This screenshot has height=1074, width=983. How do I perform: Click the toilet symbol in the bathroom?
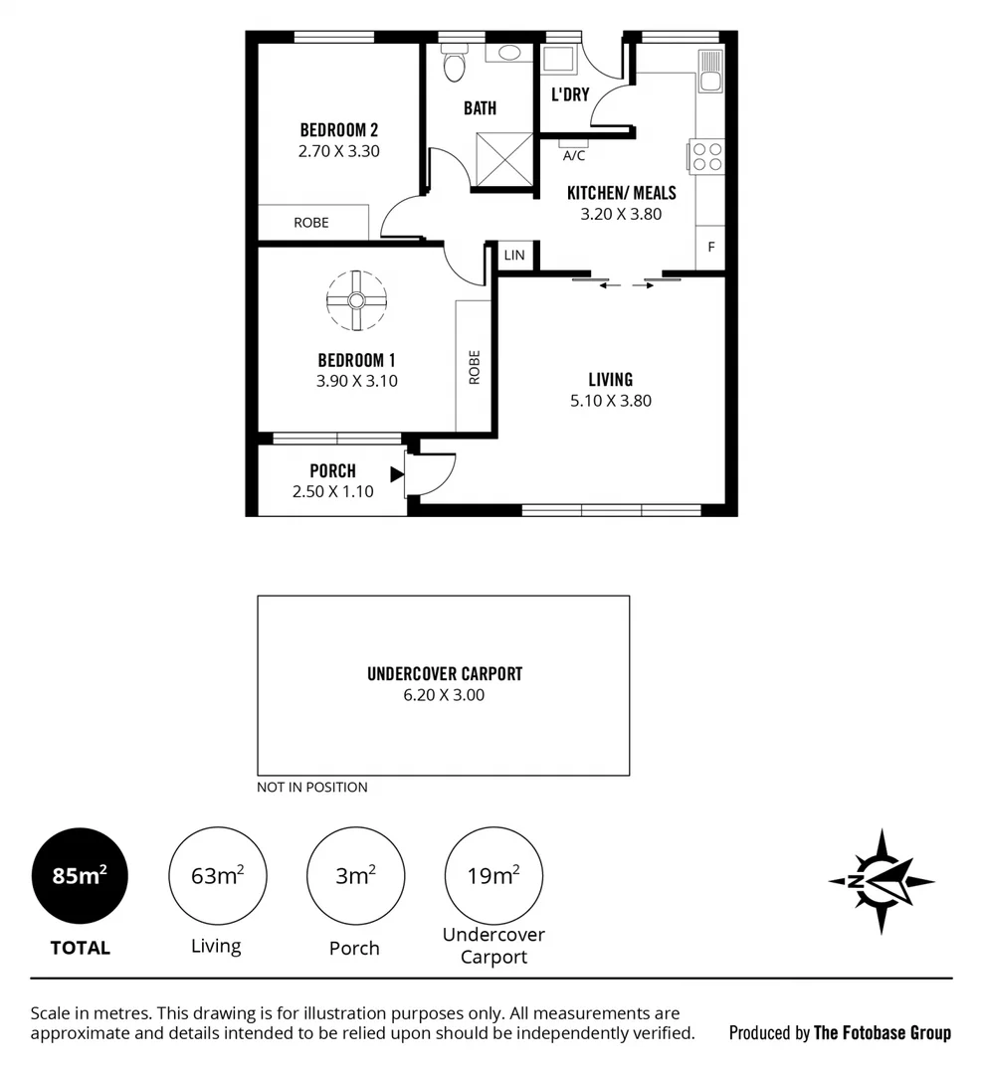(x=454, y=67)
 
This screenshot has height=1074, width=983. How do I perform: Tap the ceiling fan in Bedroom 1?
(x=355, y=300)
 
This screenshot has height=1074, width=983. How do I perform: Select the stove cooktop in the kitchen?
(x=706, y=157)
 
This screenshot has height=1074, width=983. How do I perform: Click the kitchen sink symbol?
(x=709, y=70)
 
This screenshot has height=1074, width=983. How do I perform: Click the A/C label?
(x=574, y=156)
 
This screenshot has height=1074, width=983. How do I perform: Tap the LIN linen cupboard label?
(x=514, y=256)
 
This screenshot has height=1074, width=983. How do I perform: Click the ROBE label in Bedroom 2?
(x=311, y=223)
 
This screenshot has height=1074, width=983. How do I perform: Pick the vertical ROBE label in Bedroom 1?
(x=474, y=368)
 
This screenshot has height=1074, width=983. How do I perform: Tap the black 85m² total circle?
(x=81, y=876)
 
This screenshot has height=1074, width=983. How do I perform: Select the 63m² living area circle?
(x=218, y=876)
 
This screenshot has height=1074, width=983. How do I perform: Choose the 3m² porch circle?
(x=355, y=876)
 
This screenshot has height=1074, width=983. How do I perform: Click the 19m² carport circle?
(x=493, y=876)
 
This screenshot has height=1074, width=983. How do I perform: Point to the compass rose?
(x=882, y=880)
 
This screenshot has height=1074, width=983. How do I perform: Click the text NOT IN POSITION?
(x=312, y=787)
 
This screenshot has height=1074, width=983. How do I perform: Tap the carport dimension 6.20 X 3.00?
(x=444, y=695)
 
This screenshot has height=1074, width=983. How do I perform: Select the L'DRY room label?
(x=570, y=94)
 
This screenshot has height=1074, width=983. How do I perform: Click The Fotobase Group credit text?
(x=882, y=1032)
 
